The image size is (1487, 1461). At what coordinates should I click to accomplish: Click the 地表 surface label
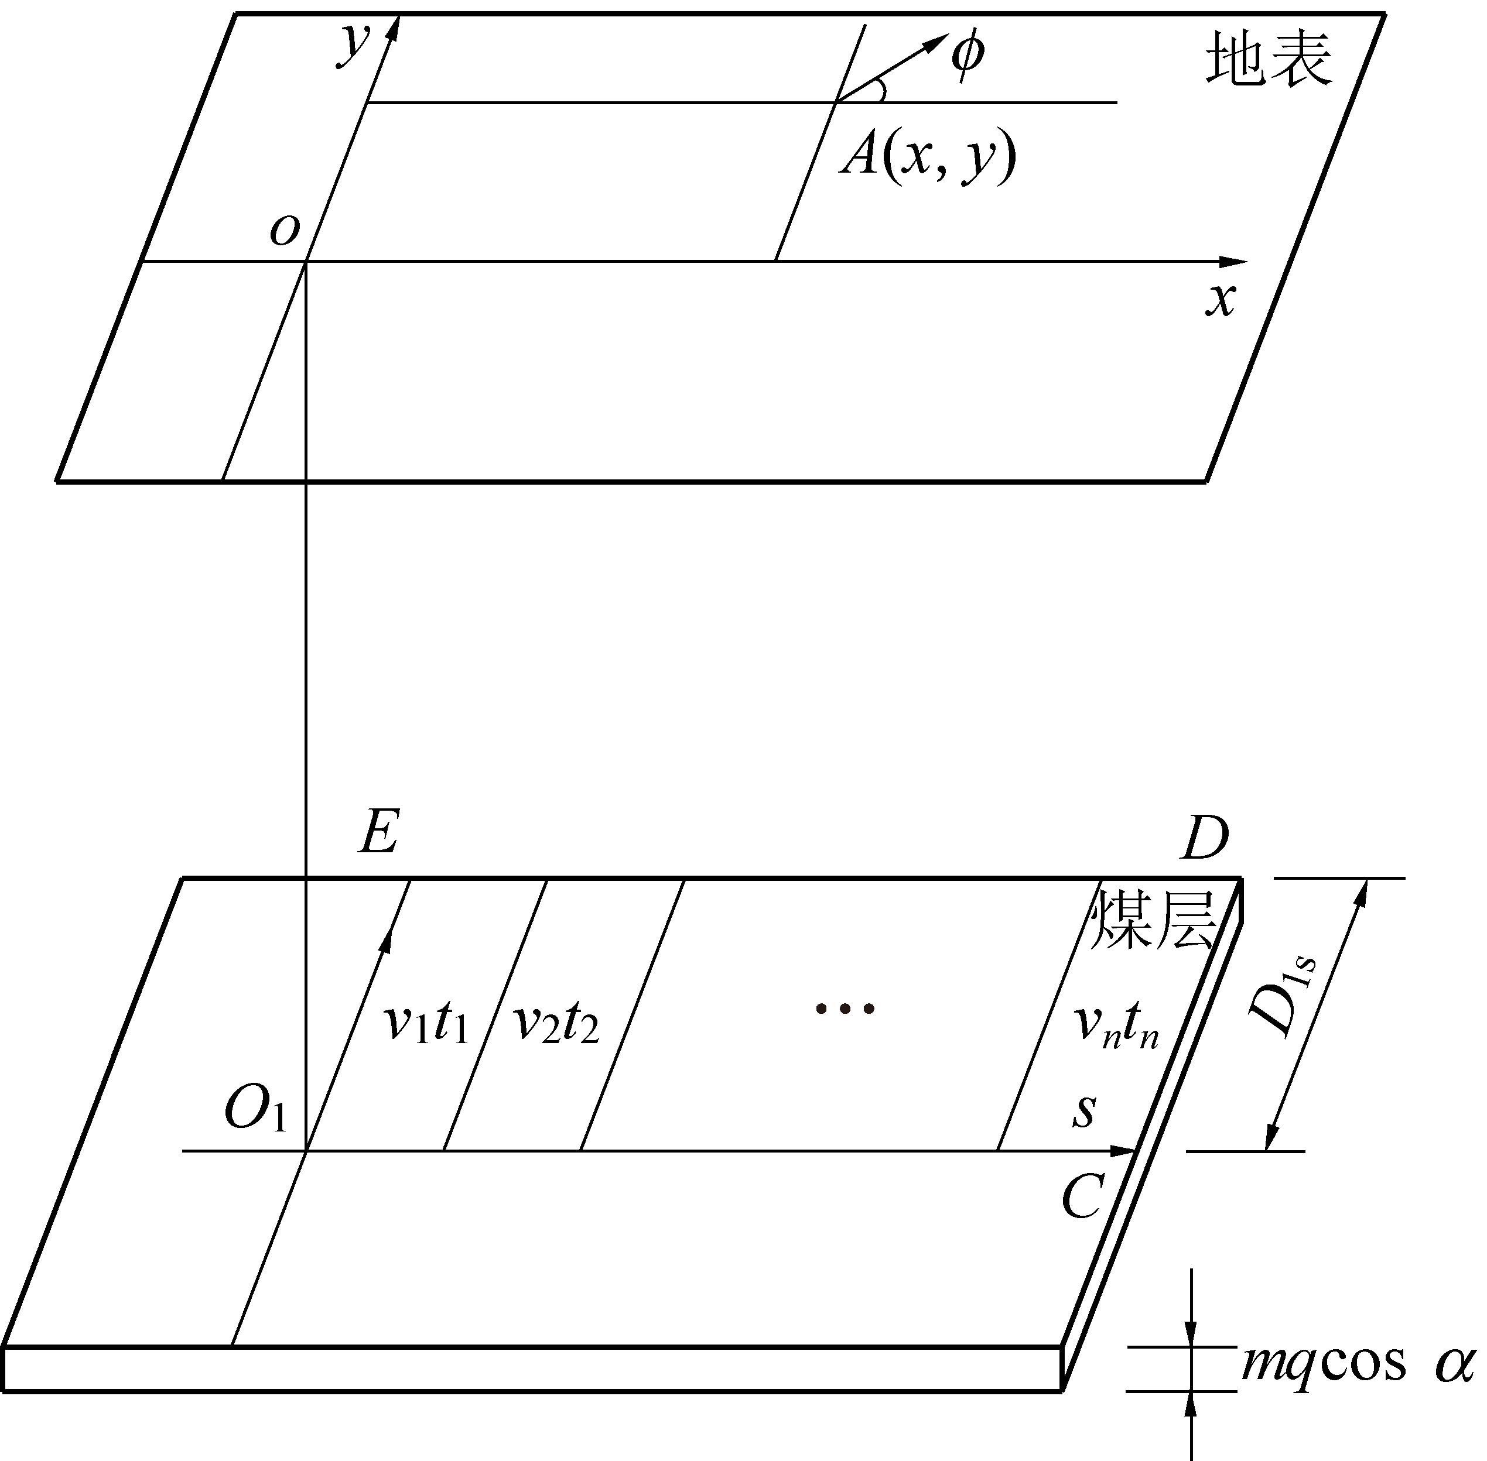click(1268, 60)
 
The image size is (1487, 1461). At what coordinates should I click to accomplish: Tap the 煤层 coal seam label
click(1153, 921)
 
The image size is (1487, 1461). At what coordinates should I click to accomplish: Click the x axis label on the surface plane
click(1220, 299)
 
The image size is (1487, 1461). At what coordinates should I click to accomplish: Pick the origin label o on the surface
click(284, 229)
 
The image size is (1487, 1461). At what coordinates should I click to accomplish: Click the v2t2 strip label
click(556, 1024)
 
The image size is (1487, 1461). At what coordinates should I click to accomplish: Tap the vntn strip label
click(1116, 1025)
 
